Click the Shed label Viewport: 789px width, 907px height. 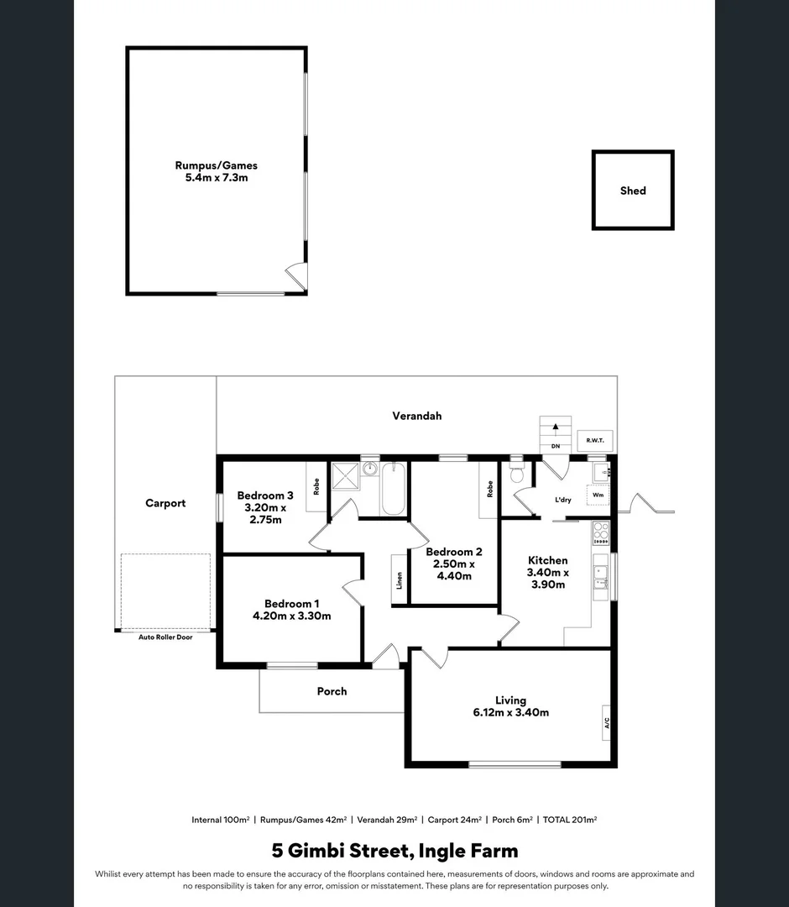(633, 191)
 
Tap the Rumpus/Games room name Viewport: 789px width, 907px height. (217, 165)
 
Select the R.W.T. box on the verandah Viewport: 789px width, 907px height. (595, 440)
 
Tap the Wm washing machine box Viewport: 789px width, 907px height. (598, 495)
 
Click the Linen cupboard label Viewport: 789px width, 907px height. (400, 581)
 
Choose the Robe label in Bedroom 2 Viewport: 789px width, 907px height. (489, 488)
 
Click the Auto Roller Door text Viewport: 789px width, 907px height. (165, 637)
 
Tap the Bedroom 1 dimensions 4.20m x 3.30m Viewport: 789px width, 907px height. (292, 616)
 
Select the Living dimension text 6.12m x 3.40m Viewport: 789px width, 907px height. (510, 713)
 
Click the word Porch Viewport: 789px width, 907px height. (332, 691)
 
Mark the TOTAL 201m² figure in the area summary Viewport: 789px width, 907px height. (570, 820)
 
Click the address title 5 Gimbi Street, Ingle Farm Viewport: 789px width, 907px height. (394, 851)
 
